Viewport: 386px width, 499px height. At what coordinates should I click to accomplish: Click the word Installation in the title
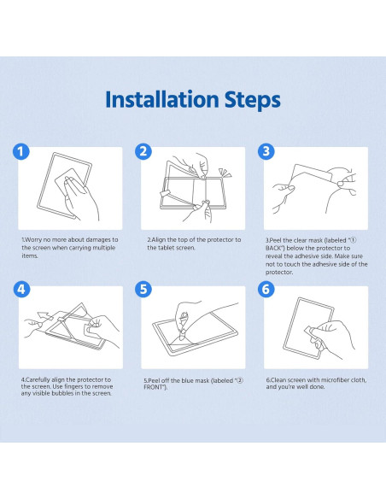click(162, 99)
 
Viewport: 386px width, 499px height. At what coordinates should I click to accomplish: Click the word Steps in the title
click(253, 101)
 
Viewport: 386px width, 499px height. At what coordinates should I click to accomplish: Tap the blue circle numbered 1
click(21, 151)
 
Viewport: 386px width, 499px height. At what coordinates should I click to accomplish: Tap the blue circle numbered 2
click(143, 151)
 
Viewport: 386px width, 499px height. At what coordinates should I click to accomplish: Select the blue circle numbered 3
click(266, 151)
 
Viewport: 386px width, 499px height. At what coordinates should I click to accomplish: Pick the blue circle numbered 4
click(21, 290)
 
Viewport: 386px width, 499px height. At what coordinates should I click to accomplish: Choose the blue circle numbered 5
click(143, 290)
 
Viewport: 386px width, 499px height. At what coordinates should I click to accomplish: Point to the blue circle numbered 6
click(266, 290)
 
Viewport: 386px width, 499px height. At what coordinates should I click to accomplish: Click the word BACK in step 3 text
click(272, 249)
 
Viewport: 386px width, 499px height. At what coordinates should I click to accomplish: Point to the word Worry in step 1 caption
click(33, 240)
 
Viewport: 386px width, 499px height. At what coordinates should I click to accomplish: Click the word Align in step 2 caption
click(158, 240)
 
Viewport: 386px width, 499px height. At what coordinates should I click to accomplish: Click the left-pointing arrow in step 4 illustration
click(45, 315)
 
